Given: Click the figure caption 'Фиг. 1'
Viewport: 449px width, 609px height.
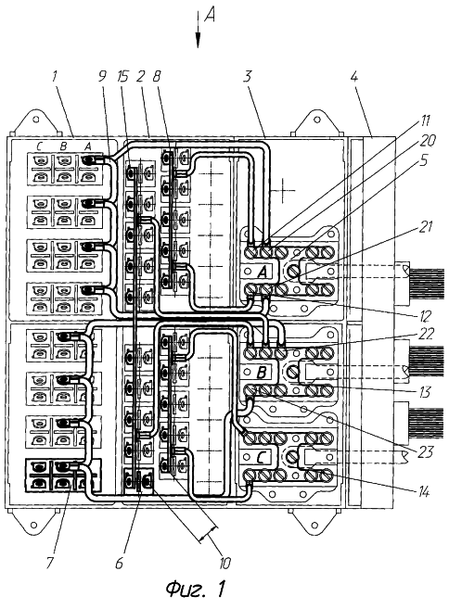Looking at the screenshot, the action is point(196,590).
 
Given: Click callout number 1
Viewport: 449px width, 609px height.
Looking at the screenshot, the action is point(55,76).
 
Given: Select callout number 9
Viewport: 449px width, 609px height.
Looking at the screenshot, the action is point(102,76).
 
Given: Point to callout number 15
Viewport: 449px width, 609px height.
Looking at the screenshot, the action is point(122,76).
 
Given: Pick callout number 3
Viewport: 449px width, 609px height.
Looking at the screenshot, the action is point(248,76).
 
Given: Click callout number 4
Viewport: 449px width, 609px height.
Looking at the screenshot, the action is point(353,76).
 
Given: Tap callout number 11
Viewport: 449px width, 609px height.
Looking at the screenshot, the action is point(425,121).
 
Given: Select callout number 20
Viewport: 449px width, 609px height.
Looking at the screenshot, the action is point(427,141).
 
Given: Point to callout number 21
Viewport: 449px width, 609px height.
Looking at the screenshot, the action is point(426,226).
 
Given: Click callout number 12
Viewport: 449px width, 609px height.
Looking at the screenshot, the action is point(426,316).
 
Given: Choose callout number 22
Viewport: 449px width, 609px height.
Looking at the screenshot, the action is point(426,334).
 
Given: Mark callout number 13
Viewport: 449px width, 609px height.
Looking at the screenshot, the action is point(425,392).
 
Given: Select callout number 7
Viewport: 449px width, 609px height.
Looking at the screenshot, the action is point(49,563).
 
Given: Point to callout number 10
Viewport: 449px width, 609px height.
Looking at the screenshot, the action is point(225,563).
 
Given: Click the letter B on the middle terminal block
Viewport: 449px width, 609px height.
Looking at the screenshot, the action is point(262,373).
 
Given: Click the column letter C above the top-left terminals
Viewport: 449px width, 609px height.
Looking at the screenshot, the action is point(39,146).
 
